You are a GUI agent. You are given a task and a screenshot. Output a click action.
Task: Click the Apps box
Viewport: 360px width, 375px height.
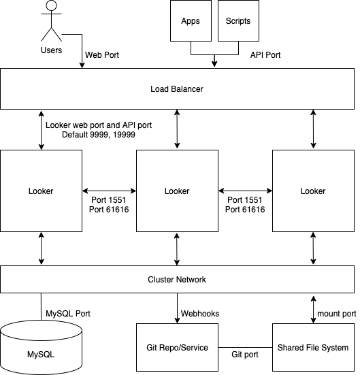[x=191, y=21]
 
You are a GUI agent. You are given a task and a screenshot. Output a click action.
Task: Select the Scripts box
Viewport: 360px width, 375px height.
[x=238, y=21]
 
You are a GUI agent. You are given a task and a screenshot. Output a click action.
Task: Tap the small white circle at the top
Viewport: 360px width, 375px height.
[x=51, y=6]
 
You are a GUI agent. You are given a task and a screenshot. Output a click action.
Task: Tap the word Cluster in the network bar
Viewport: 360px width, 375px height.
[x=161, y=280]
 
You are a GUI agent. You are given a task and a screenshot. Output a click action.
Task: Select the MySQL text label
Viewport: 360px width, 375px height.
[x=41, y=355]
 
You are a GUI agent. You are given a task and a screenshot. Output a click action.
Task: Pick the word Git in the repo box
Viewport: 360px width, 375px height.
[x=152, y=348]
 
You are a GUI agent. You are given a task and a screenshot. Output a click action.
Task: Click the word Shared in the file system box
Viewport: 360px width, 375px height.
[x=291, y=348]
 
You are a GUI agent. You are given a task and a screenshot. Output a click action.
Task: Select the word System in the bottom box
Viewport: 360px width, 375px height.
[x=336, y=348]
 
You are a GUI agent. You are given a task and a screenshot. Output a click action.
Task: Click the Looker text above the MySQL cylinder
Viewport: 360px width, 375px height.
[x=41, y=191]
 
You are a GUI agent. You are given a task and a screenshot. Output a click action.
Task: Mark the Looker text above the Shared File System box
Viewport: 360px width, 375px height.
[x=313, y=191]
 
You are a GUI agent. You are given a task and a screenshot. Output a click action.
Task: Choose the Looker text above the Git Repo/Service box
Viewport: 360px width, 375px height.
[x=177, y=191]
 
